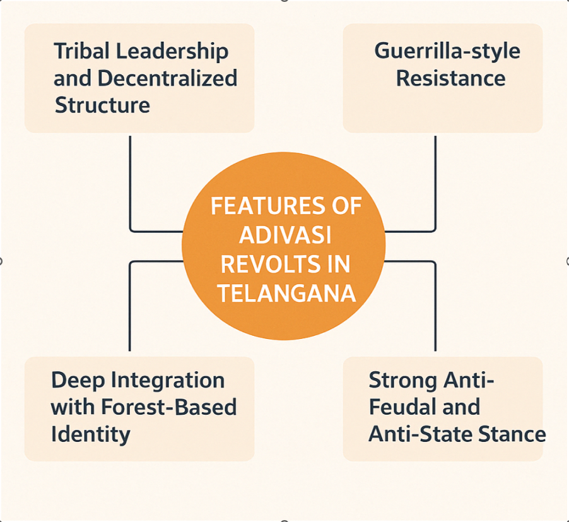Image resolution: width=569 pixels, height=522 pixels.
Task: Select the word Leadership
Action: [172, 52]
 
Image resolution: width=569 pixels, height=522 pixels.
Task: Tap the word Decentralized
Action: [168, 78]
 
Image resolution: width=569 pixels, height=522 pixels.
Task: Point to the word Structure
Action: [102, 105]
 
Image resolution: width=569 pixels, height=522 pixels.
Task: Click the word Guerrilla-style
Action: [447, 52]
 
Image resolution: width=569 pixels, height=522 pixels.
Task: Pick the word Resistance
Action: [450, 78]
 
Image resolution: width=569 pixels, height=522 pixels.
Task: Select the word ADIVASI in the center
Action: [285, 235]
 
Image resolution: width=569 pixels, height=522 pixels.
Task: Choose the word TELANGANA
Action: [286, 294]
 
